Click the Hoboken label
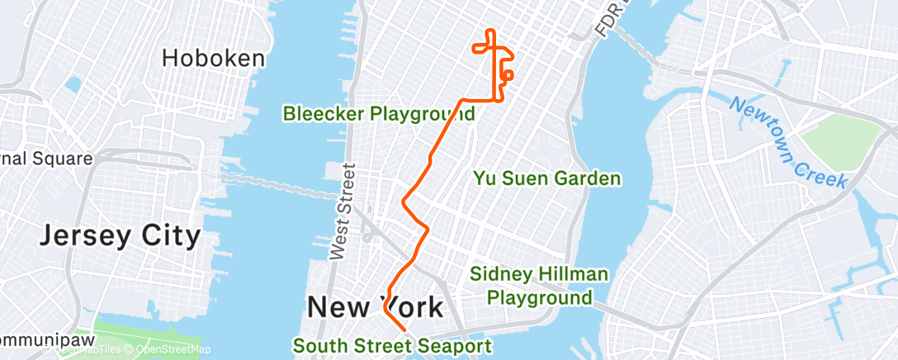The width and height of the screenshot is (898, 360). pos(214,58)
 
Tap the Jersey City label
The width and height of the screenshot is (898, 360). pos(121,236)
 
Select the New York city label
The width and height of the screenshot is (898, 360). pos(375,307)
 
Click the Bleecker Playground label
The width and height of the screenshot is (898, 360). pos(379,114)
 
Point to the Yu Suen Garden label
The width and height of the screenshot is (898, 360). pos(546,178)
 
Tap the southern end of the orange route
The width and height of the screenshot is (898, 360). pos(405,329)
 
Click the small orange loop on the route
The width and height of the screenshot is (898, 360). pos(508,75)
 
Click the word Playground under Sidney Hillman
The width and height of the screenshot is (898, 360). pos(539,297)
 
